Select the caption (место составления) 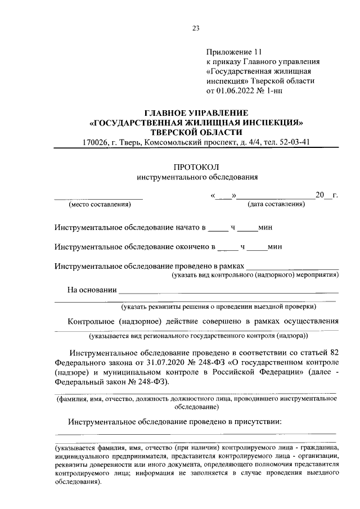[99, 204]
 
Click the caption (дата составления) [276, 204]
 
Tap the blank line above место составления [99, 199]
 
